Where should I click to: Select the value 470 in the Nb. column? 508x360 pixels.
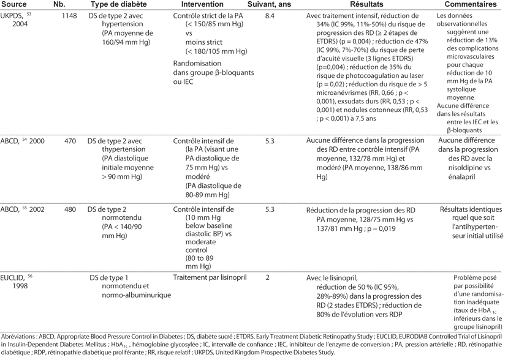pyautogui.click(x=69, y=141)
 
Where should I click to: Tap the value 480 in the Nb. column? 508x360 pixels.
pyautogui.click(x=69, y=209)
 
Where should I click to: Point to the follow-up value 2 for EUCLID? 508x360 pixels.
pyautogui.click(x=268, y=277)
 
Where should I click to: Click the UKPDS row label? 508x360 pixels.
pyautogui.click(x=13, y=15)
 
